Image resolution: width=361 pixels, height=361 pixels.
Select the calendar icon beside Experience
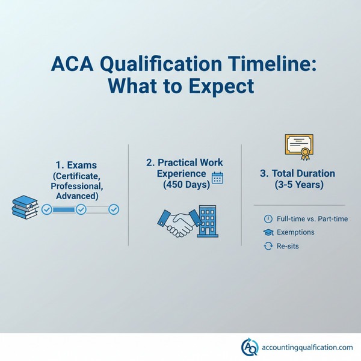[217, 178]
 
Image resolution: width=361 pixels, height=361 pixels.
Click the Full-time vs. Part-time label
[310, 218]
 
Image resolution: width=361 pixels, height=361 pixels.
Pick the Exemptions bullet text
[295, 232]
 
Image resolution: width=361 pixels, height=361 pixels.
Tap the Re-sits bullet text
[288, 246]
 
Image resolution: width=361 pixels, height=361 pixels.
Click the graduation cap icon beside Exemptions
[268, 232]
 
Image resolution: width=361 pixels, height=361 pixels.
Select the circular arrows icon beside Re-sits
[268, 246]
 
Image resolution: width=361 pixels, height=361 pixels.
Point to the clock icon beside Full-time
[268, 218]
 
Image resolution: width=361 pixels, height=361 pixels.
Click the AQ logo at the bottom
[248, 347]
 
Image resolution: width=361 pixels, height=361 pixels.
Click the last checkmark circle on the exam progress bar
[114, 209]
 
